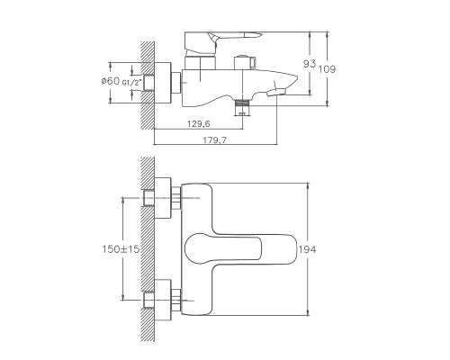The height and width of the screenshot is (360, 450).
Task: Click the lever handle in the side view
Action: click(x=216, y=36)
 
